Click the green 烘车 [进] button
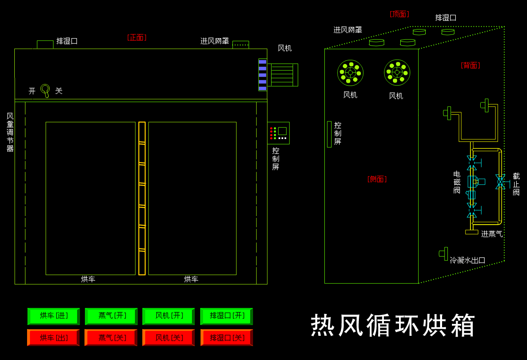pyautogui.click(x=54, y=316)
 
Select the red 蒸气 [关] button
pyautogui.click(x=111, y=338)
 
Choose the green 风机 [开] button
pyautogui.click(x=169, y=316)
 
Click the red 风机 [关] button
pyautogui.click(x=169, y=338)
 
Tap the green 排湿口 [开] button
pyautogui.click(x=226, y=316)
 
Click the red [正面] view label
pyautogui.click(x=137, y=37)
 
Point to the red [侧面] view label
pyautogui.click(x=377, y=179)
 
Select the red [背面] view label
pyautogui.click(x=470, y=65)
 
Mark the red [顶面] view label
pyautogui.click(x=399, y=14)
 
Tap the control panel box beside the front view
pyautogui.click(x=278, y=133)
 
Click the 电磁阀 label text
pyautogui.click(x=457, y=182)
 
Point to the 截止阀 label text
pyautogui.click(x=516, y=184)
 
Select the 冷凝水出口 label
pyautogui.click(x=468, y=260)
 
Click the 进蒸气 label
pyautogui.click(x=492, y=234)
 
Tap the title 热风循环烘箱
pyautogui.click(x=393, y=326)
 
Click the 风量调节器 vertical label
pyautogui.click(x=10, y=132)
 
